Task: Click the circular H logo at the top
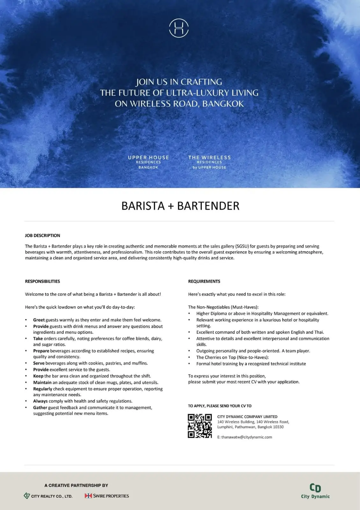179,28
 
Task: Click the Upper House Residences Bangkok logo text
148,162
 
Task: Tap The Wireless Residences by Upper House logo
209,162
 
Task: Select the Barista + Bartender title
180,206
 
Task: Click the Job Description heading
42,236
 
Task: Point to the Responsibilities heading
42,281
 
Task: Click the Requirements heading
204,281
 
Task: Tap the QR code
200,426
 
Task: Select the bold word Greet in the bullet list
39,320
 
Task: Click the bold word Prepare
41,351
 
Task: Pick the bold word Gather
40,408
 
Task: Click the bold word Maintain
42,382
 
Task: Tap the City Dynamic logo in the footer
315,491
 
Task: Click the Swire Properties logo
107,496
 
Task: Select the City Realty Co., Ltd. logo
48,496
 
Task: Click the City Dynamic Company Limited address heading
247,417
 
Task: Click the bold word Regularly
42,389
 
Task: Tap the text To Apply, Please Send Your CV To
220,406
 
